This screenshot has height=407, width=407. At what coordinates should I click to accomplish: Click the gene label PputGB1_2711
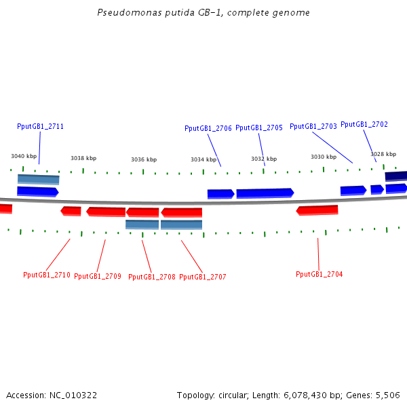(x=40, y=126)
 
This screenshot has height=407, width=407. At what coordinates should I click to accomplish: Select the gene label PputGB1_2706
(x=208, y=128)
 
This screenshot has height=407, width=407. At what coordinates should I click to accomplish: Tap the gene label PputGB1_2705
(x=259, y=128)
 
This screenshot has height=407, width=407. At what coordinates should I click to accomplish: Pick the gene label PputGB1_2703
(x=313, y=126)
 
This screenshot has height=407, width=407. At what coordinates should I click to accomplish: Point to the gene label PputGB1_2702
(x=364, y=124)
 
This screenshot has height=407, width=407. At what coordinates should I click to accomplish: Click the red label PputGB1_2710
(x=47, y=275)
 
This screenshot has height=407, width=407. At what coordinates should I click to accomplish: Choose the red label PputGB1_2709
(x=98, y=276)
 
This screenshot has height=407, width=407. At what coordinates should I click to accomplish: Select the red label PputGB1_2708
(x=152, y=277)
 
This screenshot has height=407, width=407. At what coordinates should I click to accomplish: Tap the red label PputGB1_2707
(x=203, y=277)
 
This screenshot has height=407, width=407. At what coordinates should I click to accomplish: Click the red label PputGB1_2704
(x=319, y=274)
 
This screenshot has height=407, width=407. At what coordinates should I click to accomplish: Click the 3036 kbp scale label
(x=144, y=159)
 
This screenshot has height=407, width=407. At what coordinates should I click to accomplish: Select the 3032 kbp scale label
(x=264, y=159)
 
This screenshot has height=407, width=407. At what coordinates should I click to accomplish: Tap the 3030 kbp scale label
(x=324, y=157)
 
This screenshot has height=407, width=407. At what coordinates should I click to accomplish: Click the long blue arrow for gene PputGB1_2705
(x=265, y=193)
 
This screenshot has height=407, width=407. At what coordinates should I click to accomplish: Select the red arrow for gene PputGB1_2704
(x=317, y=210)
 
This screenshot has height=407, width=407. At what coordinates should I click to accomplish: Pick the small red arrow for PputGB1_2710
(x=71, y=211)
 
